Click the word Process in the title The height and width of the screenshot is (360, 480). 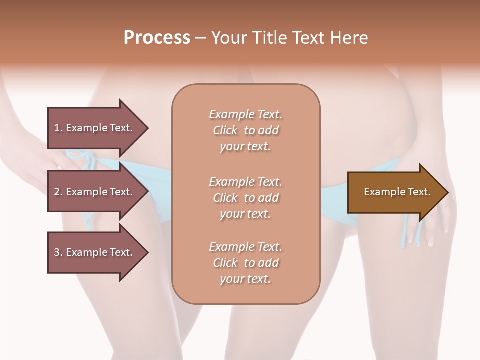(157, 38)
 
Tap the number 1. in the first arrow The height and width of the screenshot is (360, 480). (58, 128)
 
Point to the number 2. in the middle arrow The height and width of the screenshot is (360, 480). (58, 192)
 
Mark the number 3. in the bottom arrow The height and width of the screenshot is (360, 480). (58, 252)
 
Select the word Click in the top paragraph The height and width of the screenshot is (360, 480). (225, 130)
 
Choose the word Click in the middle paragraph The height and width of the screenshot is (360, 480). (225, 198)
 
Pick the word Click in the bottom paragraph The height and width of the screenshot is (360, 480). (225, 263)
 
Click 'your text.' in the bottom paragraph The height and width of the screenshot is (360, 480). (245, 279)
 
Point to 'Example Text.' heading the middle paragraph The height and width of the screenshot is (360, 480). (245, 182)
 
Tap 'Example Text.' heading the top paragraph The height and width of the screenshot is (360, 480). (245, 114)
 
